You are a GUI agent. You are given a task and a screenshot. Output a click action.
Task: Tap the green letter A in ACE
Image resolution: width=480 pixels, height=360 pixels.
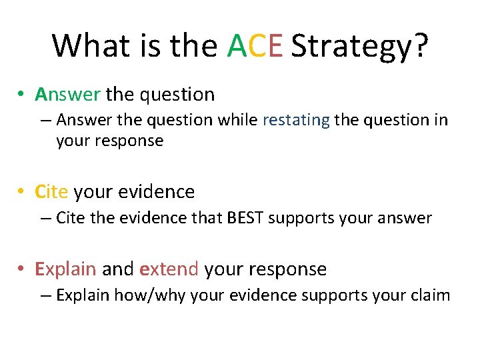tap(237, 45)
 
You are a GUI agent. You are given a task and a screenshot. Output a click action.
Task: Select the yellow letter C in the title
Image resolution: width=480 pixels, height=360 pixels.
tap(257, 45)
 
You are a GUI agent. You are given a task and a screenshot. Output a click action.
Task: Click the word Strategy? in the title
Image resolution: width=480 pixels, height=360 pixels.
tap(360, 47)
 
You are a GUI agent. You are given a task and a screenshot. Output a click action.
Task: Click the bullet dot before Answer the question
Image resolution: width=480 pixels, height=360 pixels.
tap(22, 95)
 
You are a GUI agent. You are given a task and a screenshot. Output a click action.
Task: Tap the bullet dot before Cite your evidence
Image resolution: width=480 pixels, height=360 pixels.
tap(22, 193)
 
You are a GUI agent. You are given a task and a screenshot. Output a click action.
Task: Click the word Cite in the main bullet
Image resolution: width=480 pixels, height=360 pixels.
tap(51, 192)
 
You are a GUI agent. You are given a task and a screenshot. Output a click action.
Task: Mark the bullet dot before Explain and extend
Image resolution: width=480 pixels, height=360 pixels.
tap(22, 269)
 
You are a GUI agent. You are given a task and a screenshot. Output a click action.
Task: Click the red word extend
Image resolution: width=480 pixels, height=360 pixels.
tap(169, 269)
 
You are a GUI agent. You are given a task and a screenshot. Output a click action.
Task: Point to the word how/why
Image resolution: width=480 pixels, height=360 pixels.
tap(150, 295)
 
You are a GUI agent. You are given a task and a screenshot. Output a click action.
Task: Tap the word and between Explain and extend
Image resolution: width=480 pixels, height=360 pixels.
tap(118, 269)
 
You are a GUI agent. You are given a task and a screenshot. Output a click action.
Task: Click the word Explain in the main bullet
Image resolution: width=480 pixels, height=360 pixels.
tap(65, 269)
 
